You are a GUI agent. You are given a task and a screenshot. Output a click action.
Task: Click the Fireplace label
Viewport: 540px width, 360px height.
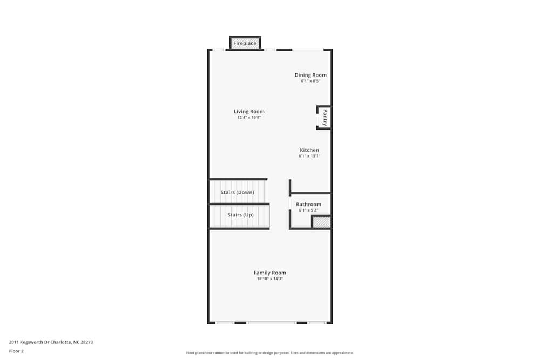click(245, 43)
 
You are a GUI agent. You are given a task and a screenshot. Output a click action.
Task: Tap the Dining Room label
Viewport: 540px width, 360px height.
click(310, 75)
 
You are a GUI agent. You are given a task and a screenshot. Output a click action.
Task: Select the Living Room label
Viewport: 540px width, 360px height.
click(249, 112)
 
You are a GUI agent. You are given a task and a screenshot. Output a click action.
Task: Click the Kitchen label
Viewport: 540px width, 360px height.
click(309, 150)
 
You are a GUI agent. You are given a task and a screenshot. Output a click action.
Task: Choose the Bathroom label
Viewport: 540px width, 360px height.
click(308, 205)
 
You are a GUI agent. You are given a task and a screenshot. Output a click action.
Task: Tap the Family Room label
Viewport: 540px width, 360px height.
click(270, 273)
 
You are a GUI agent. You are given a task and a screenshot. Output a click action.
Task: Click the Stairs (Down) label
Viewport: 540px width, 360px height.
click(237, 192)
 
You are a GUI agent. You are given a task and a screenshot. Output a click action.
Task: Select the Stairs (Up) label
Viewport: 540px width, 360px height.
click(240, 215)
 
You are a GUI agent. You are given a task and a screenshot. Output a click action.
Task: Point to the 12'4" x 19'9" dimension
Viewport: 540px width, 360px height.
click(249, 118)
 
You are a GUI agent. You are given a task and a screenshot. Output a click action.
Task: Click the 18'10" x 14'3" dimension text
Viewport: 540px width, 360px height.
click(270, 279)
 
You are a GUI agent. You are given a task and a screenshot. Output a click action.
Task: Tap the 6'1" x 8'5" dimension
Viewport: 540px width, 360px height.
click(310, 81)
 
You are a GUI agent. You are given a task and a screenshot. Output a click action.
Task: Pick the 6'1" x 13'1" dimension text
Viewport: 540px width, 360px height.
click(309, 156)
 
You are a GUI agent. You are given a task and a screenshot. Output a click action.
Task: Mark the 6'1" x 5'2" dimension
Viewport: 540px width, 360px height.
click(308, 210)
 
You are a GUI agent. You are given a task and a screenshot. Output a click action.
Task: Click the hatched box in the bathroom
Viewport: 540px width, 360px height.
click(321, 222)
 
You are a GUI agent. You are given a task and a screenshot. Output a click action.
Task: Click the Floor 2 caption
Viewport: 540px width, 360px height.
click(16, 351)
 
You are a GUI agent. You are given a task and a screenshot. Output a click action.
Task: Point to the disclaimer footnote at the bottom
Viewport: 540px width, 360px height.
click(270, 353)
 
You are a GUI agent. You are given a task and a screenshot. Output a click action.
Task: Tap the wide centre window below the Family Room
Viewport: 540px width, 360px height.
click(272, 323)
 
